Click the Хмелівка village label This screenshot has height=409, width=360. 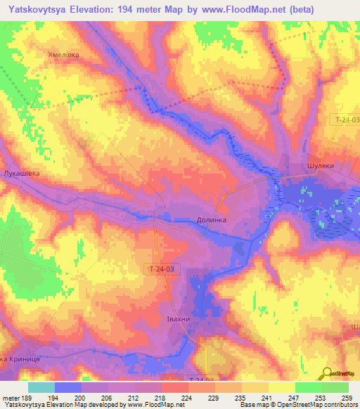tap(64, 55)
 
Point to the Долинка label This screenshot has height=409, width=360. tap(210, 220)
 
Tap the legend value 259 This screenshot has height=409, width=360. tap(346, 397)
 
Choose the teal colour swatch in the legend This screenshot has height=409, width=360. tap(41, 387)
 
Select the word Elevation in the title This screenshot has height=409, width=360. tap(115, 9)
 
